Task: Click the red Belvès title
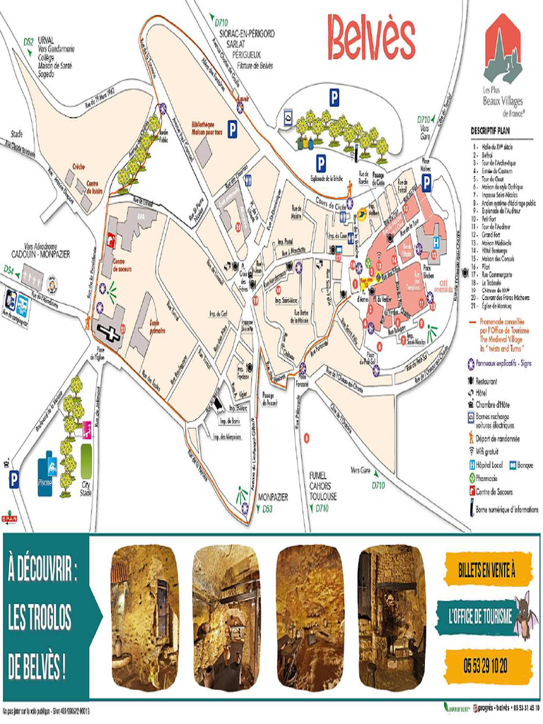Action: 371,39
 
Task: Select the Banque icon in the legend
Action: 511,465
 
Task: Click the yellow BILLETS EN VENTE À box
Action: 487,566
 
